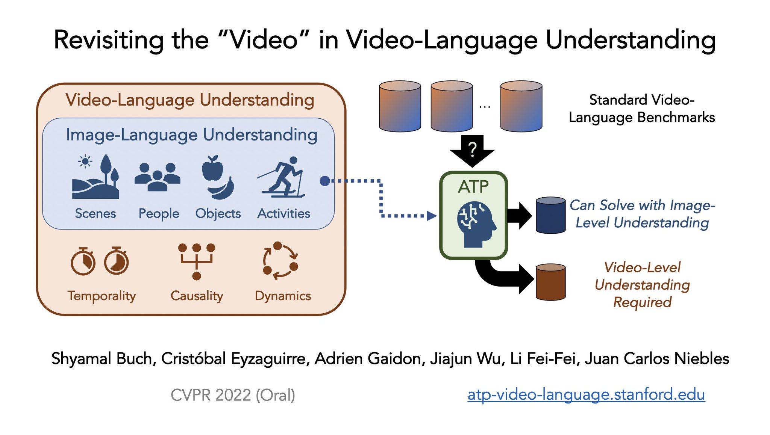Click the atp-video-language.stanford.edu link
(586, 394)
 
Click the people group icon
(158, 177)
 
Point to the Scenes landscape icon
(95, 177)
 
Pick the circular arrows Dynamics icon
(280, 261)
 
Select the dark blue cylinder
(550, 216)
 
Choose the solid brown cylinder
(550, 282)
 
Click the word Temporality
(102, 296)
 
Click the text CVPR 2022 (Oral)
(233, 395)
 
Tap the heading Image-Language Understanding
(191, 135)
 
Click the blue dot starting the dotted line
(325, 181)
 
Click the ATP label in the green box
(473, 187)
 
